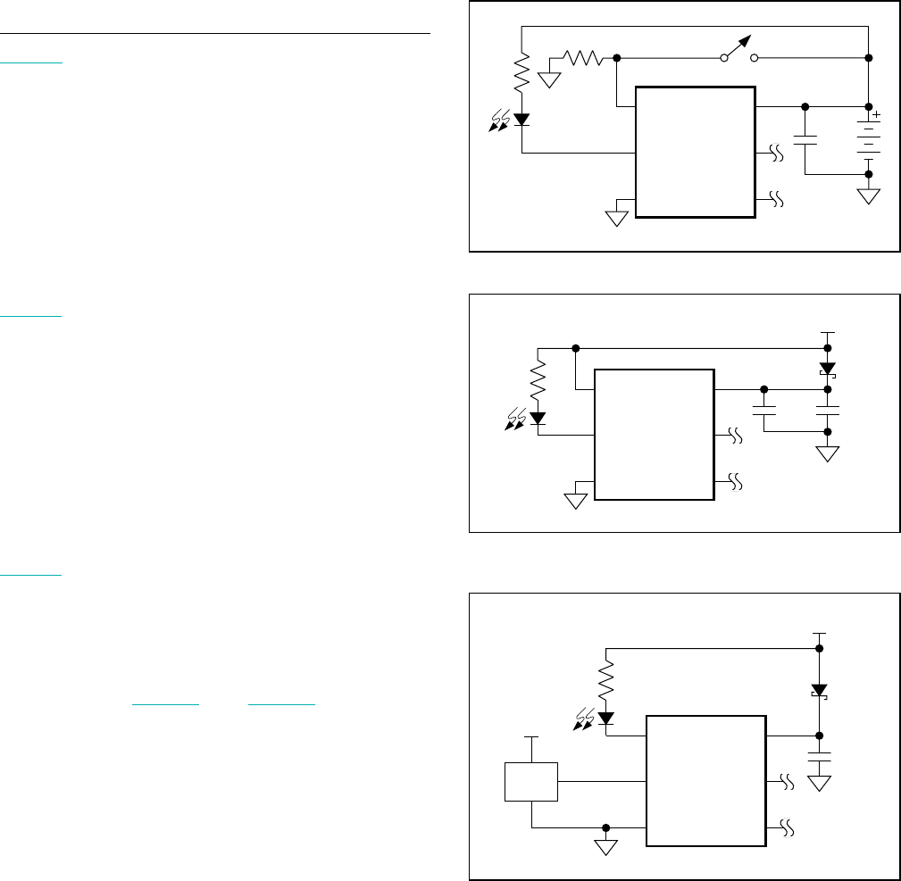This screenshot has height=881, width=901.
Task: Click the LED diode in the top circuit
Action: (521, 120)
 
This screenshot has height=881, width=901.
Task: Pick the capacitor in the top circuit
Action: (805, 139)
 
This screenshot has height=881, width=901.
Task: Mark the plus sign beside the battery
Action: (876, 114)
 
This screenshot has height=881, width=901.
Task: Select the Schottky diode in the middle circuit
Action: (828, 369)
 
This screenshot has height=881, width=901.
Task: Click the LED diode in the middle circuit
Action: (538, 417)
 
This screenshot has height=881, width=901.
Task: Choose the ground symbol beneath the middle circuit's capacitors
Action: (828, 453)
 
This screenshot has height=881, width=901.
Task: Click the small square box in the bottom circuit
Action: (531, 781)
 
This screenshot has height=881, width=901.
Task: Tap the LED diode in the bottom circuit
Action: (606, 717)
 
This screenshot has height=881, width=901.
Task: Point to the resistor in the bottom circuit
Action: (606, 680)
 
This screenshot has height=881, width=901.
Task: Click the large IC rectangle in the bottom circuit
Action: (705, 779)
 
